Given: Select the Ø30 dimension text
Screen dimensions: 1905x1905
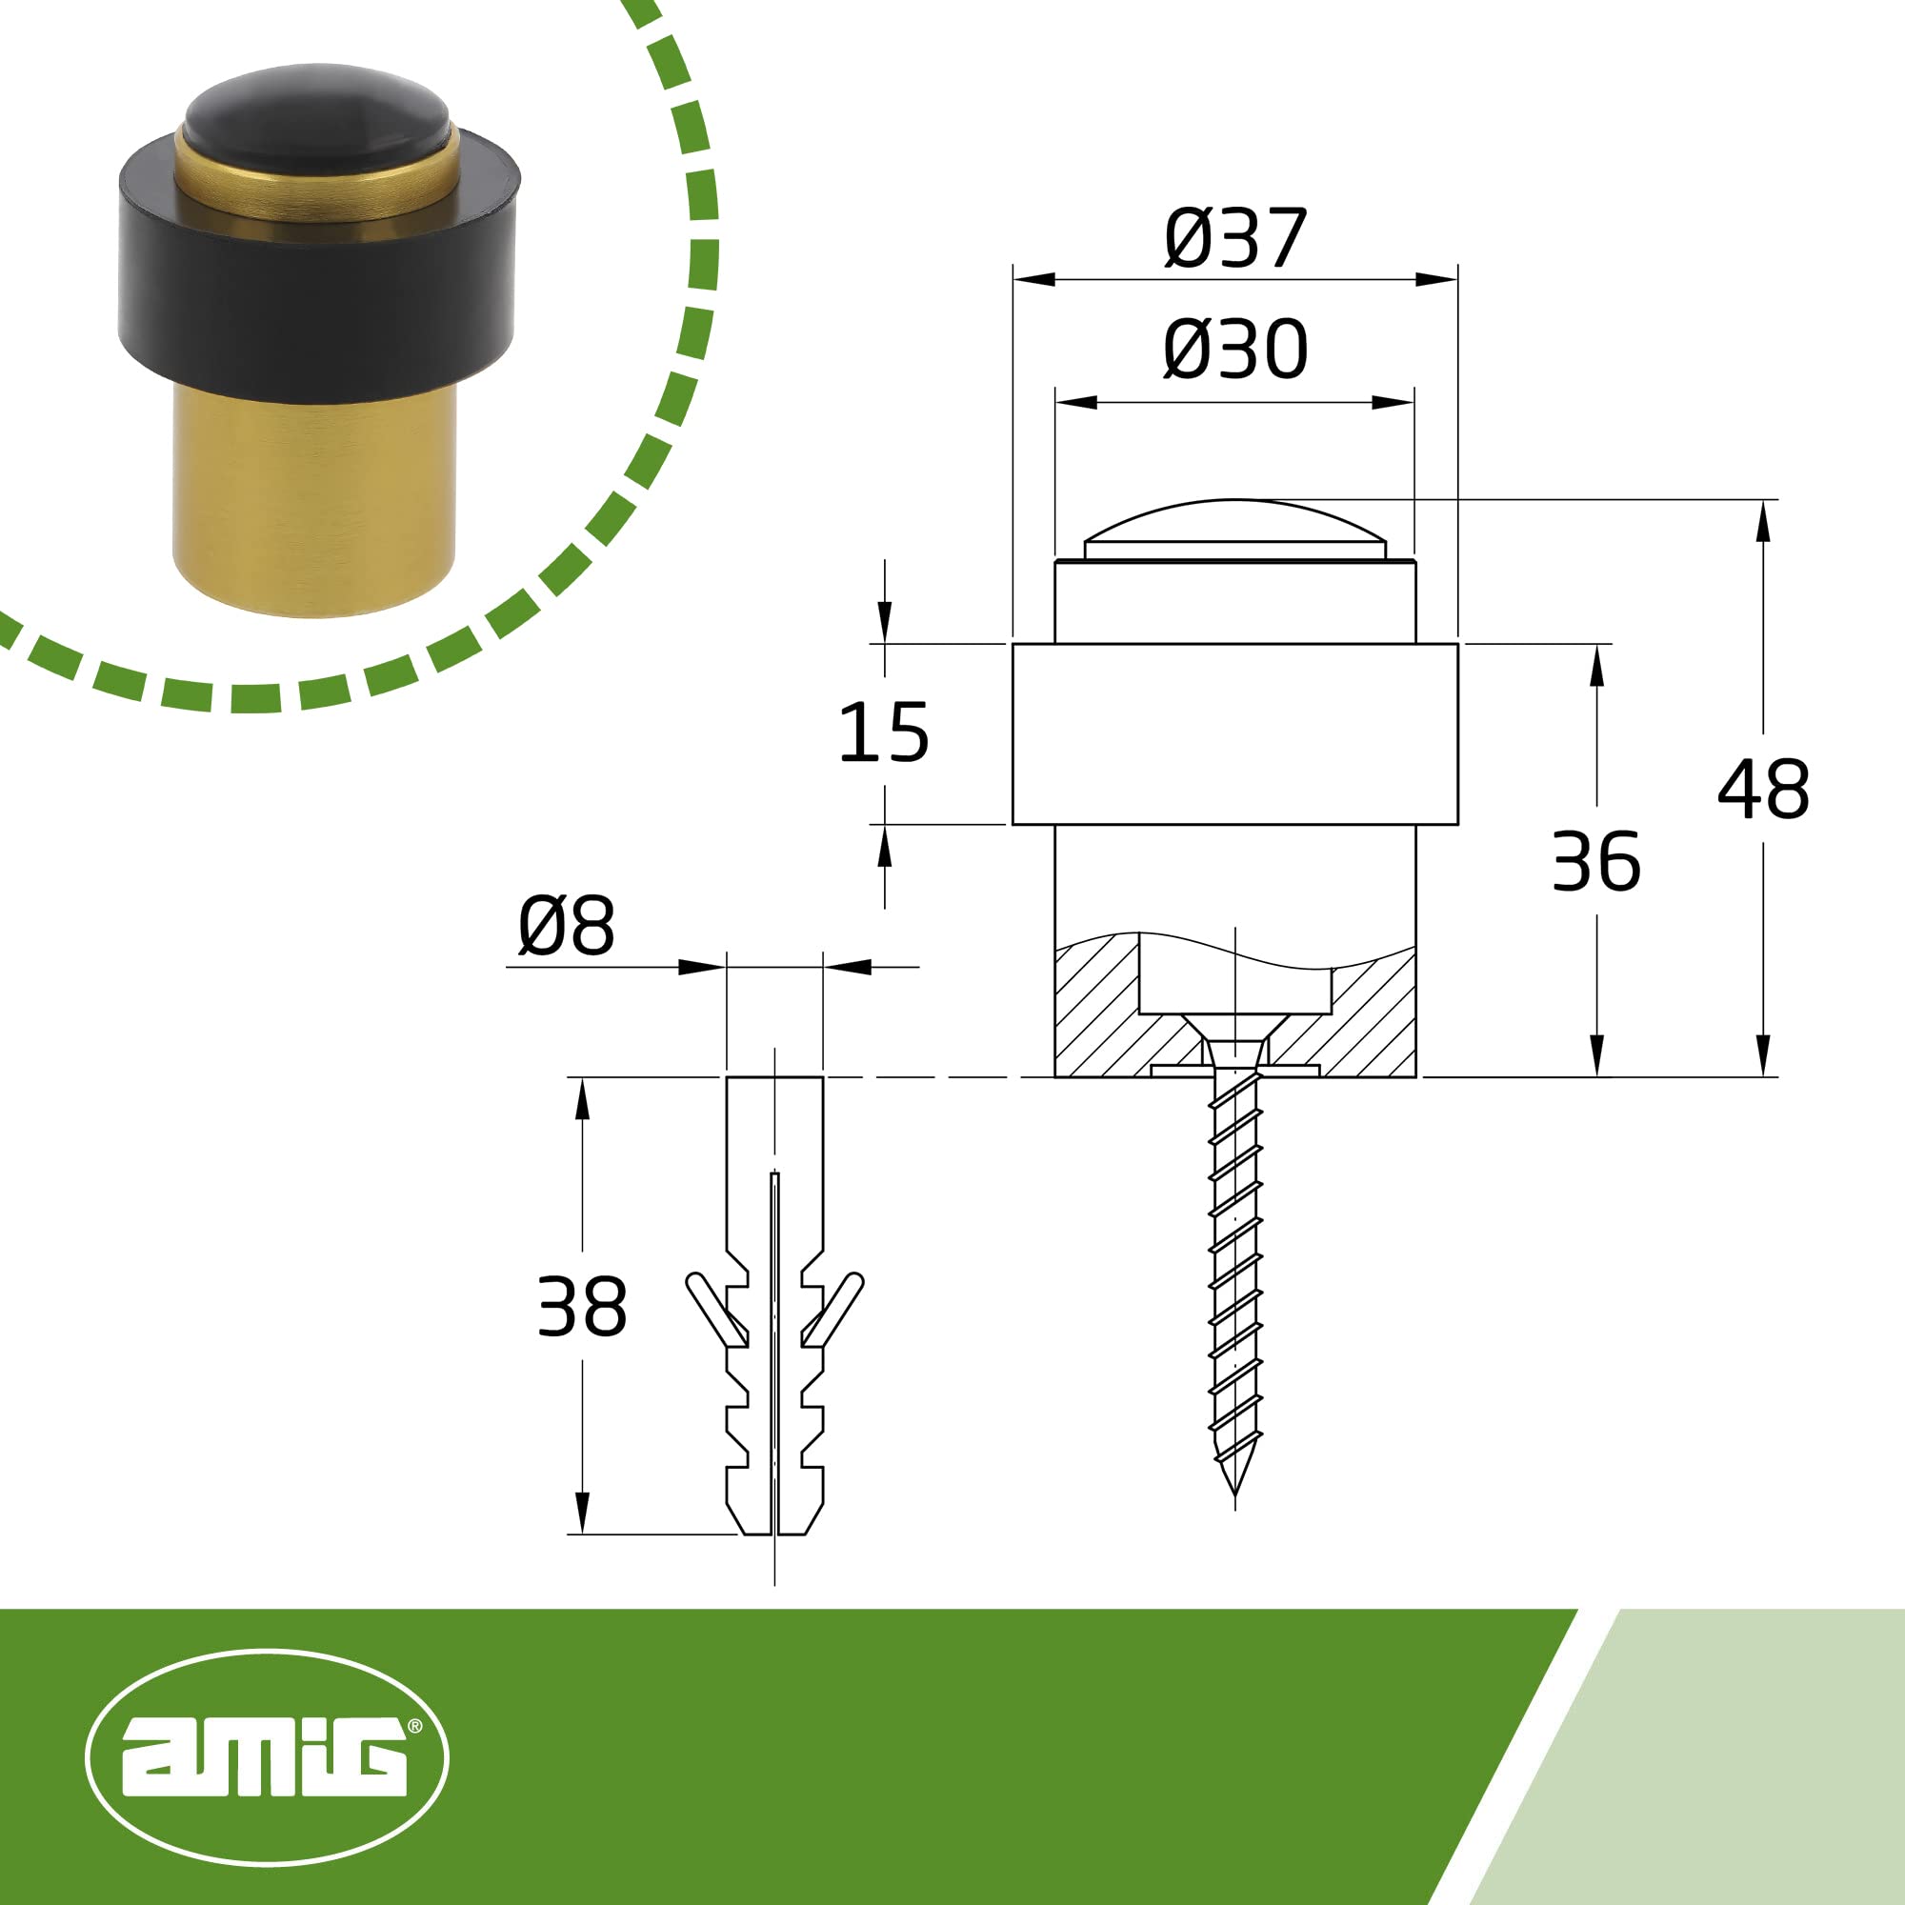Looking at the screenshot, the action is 1234,350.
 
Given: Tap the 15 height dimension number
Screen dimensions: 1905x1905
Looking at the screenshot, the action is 884,732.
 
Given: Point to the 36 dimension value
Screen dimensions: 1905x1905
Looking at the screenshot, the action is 1596,861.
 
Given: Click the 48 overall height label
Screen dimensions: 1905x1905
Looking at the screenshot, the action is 1764,789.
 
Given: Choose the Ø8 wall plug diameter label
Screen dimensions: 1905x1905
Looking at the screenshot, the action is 566,925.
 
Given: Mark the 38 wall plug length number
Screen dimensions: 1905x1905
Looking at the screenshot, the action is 582,1307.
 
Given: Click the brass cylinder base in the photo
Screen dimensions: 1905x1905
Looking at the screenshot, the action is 314,498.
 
